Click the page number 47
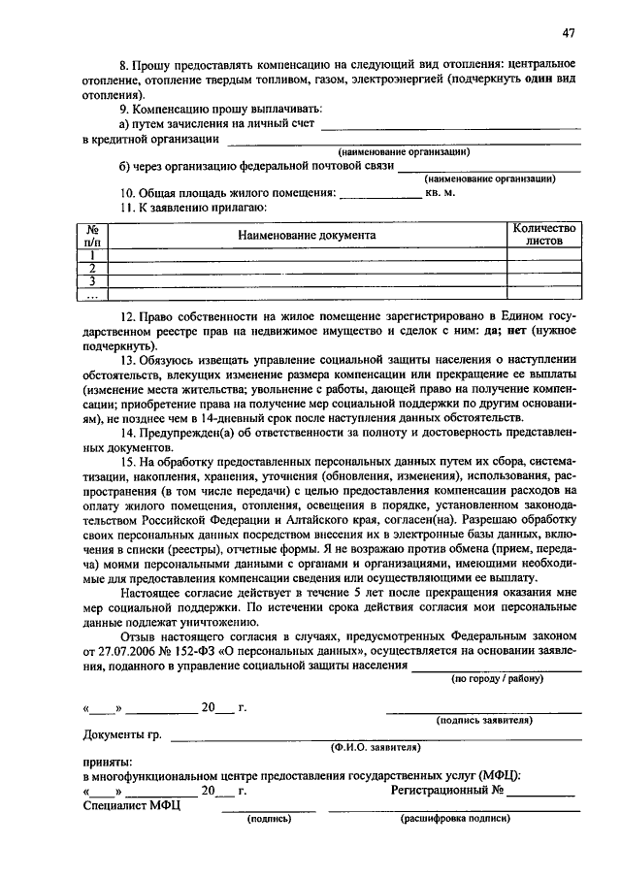[568, 32]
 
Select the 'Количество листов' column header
[544, 236]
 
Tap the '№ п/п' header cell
[93, 236]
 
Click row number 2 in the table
[93, 268]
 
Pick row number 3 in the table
[93, 281]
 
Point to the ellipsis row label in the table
[93, 295]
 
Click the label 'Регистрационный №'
[447, 791]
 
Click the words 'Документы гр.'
[122, 734]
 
